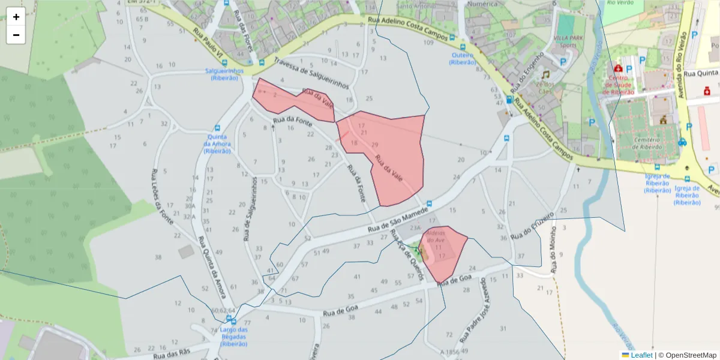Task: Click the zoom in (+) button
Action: pos(16,17)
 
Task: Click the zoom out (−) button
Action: pos(16,35)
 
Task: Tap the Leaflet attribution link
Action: pos(641,355)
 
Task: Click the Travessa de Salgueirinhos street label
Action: pos(311,74)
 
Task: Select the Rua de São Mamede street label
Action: pos(397,220)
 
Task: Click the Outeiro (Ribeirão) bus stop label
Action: pos(463,58)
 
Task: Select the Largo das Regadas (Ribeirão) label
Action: pos(234,337)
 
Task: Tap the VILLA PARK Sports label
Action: pos(565,41)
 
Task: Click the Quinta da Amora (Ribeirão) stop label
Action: pos(217,143)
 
